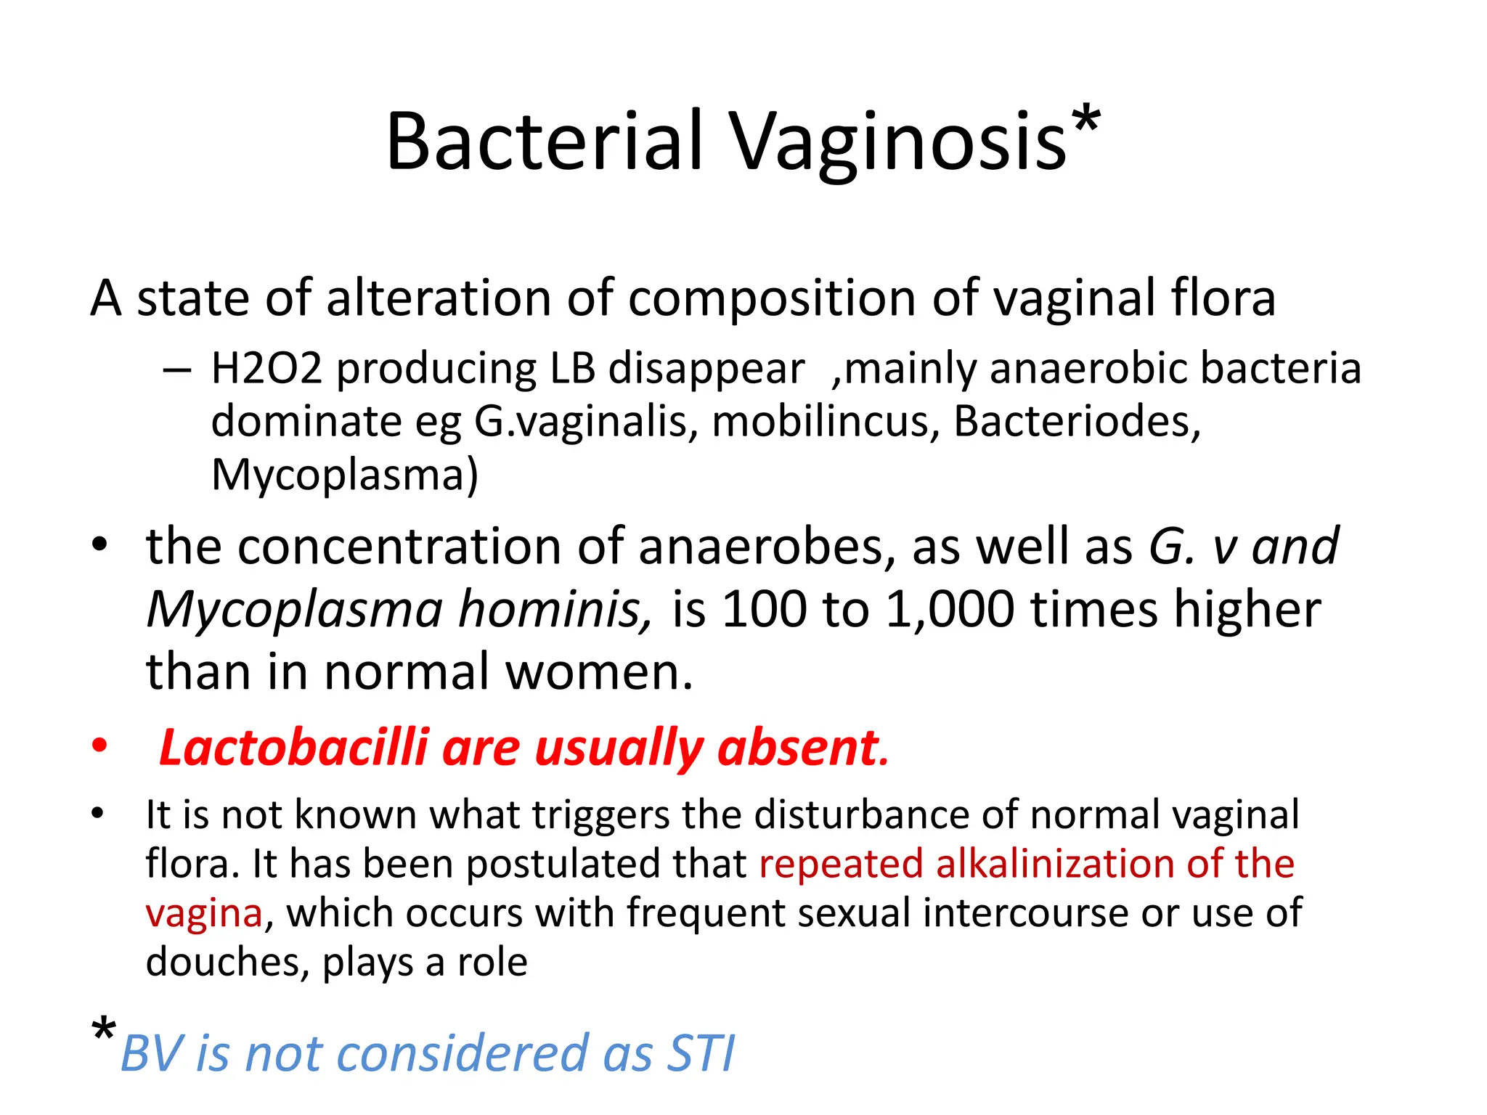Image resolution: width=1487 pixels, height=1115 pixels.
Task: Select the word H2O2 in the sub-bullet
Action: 266,368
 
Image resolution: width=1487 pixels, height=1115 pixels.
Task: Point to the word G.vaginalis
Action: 580,422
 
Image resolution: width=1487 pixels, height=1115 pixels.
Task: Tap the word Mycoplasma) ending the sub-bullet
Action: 345,475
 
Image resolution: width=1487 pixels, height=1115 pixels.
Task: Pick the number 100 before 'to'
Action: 763,609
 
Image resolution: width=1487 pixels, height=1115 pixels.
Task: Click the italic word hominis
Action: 555,609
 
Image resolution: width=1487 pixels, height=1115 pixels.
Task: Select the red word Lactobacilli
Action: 293,748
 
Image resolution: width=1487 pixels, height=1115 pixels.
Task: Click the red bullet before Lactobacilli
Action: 99,746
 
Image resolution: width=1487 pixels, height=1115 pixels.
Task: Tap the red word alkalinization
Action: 1054,864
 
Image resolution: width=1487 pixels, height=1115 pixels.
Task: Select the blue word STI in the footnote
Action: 701,1054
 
